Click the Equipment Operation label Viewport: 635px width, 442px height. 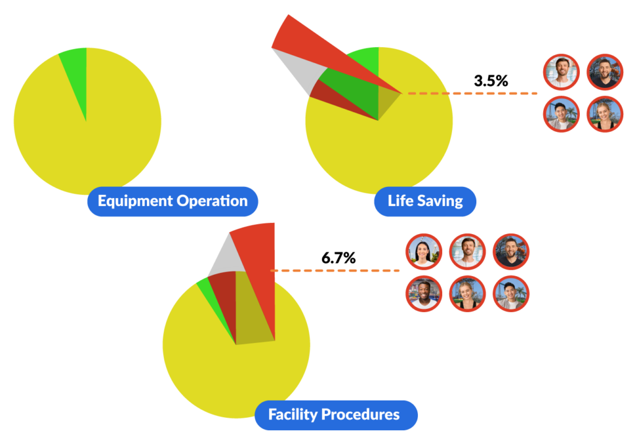pyautogui.click(x=172, y=201)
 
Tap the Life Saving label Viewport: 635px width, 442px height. pyautogui.click(x=425, y=201)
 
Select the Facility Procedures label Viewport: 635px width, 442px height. pyautogui.click(x=335, y=415)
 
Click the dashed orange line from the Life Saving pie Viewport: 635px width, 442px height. pyautogui.click(x=471, y=93)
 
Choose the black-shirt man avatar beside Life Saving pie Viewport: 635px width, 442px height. pyautogui.click(x=605, y=72)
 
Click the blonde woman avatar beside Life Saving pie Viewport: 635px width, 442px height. pyautogui.click(x=605, y=114)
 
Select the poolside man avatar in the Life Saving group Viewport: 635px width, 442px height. pyautogui.click(x=562, y=72)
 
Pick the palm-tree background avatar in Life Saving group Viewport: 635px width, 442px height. pyautogui.click(x=562, y=114)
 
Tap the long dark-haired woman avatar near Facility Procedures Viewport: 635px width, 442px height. pyautogui.click(x=424, y=251)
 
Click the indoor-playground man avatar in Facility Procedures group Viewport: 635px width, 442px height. pyautogui.click(x=424, y=293)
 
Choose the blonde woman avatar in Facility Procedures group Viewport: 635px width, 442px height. pyautogui.click(x=468, y=293)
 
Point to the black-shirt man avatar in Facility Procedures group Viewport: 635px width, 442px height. pyautogui.click(x=511, y=251)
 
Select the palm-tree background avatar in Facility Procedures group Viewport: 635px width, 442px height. pyautogui.click(x=511, y=293)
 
